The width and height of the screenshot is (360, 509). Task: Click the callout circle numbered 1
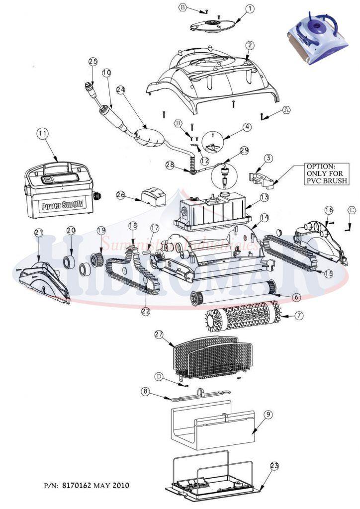click(250, 8)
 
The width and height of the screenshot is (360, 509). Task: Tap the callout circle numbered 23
click(275, 466)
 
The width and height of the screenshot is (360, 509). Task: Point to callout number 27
click(159, 335)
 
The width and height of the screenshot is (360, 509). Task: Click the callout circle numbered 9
click(268, 417)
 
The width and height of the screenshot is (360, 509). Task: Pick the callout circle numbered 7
click(298, 315)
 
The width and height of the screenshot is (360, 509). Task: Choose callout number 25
click(93, 61)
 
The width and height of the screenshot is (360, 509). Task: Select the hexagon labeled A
click(286, 109)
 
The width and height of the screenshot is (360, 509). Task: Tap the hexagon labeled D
click(159, 376)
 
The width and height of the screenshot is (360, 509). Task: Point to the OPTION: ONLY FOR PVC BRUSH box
click(327, 173)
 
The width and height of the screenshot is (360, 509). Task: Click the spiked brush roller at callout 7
click(241, 319)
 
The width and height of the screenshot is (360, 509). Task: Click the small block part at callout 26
click(153, 197)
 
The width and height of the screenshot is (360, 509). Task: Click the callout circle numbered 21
click(39, 233)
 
